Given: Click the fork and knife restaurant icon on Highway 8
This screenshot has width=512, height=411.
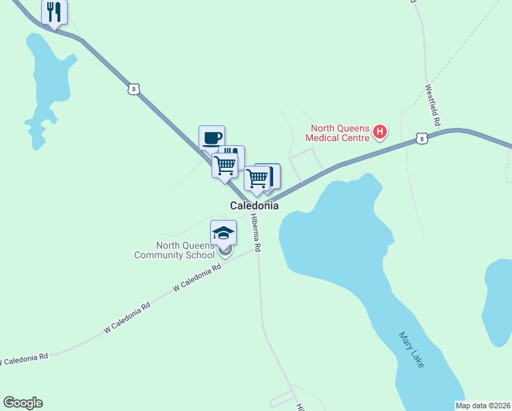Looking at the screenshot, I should [54, 12].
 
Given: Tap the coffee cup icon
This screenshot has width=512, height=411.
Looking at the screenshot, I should [212, 137].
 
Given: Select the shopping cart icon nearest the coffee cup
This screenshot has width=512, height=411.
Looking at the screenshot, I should [225, 164].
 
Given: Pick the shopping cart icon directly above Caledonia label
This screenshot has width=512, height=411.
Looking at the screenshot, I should [257, 178].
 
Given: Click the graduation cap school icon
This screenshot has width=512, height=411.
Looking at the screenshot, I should [223, 233].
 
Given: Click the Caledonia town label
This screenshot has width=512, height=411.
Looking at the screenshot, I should [254, 206].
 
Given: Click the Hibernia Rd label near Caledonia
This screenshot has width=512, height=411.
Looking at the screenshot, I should [256, 234].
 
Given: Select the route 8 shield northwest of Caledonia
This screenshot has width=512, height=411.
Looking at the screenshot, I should [133, 88].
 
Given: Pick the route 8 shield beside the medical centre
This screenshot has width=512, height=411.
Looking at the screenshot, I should [422, 139].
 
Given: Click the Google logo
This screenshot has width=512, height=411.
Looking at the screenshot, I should [23, 403].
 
